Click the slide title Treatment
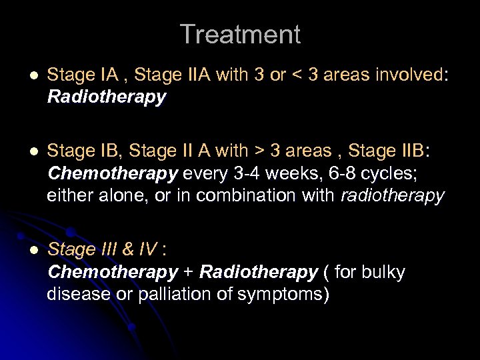[x=240, y=35]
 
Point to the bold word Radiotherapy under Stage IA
[x=107, y=97]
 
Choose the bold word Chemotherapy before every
[x=113, y=173]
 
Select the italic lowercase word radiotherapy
[x=391, y=195]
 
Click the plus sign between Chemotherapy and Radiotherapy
[x=189, y=272]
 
